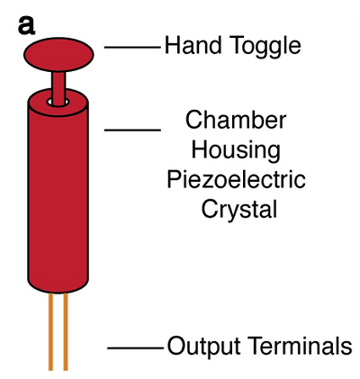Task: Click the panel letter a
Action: click(x=26, y=25)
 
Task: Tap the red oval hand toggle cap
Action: click(x=58, y=55)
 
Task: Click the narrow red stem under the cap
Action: click(x=58, y=88)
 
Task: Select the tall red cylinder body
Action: click(x=58, y=191)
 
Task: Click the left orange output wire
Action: click(x=50, y=331)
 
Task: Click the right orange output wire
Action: click(x=66, y=331)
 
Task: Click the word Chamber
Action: click(x=236, y=120)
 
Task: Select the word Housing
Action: click(x=236, y=150)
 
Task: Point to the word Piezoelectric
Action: click(x=236, y=179)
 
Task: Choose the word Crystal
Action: click(x=239, y=210)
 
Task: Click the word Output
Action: click(x=203, y=346)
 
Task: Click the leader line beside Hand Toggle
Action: click(x=132, y=47)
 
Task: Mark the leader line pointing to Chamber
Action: click(x=132, y=130)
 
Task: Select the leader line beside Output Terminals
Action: click(x=136, y=348)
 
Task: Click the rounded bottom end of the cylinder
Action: click(x=58, y=287)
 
